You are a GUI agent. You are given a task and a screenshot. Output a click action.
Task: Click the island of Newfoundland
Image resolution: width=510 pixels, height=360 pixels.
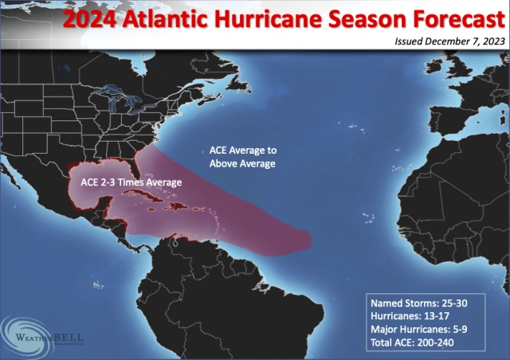pos(240,76)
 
